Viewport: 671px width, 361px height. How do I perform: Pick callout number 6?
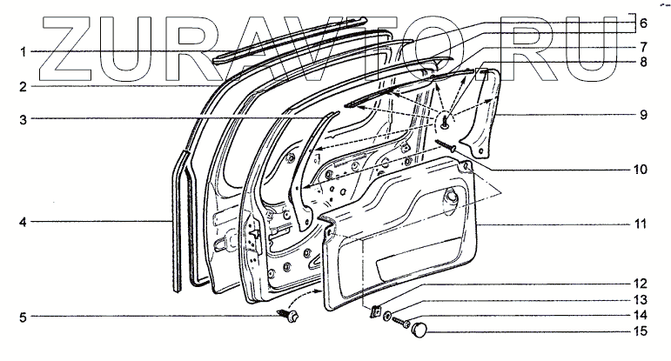644,23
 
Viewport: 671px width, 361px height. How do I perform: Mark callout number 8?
644,62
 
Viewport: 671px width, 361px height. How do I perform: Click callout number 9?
644,113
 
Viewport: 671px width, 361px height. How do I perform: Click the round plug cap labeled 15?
422,329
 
